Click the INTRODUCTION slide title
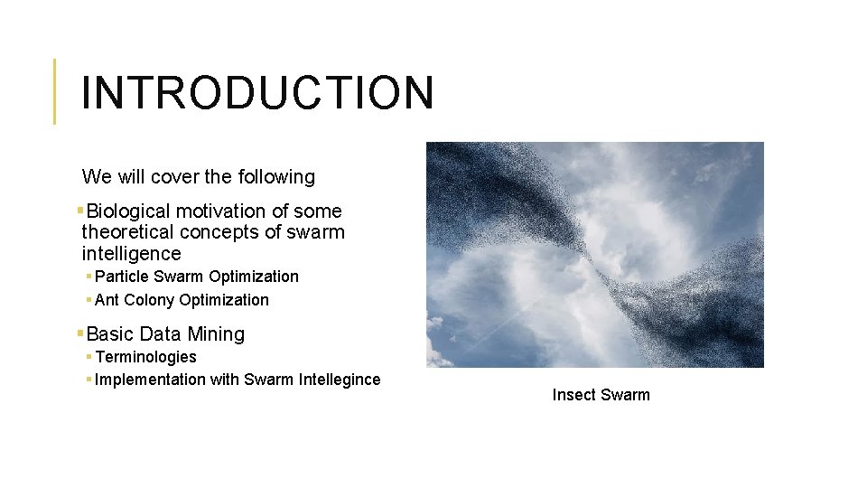257,92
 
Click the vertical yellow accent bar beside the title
55,91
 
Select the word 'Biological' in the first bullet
128,211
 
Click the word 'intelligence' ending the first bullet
131,254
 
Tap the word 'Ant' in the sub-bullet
107,300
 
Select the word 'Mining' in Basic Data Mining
216,334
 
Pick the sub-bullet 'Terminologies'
145,357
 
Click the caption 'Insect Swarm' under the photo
601,395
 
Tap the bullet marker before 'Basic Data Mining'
80,333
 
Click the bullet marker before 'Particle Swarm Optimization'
89,277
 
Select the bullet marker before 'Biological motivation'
80,211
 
